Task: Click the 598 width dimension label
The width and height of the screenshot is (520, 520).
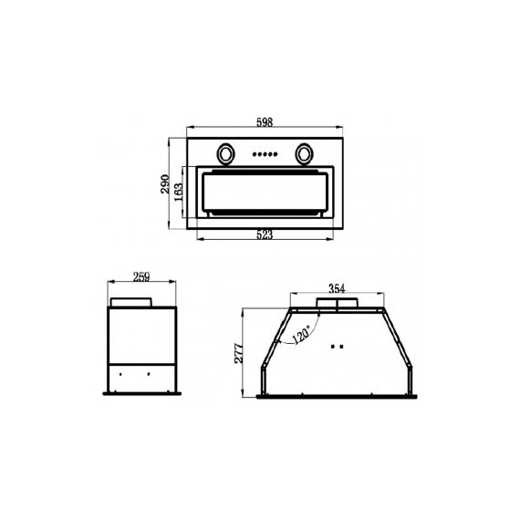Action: tap(265, 122)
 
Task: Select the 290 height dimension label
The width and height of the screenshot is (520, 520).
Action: tap(165, 184)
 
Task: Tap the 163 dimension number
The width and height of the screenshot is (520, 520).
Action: tap(179, 192)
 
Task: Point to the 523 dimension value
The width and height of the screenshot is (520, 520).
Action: tap(265, 234)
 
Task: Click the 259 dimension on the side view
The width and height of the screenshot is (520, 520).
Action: tap(141, 276)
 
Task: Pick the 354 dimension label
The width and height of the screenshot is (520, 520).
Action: tap(337, 288)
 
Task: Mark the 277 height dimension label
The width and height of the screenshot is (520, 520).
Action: tap(239, 354)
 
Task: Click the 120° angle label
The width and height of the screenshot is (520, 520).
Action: tap(301, 334)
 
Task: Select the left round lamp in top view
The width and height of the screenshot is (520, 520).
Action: tap(226, 154)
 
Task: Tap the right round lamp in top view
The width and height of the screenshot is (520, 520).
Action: tap(304, 154)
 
